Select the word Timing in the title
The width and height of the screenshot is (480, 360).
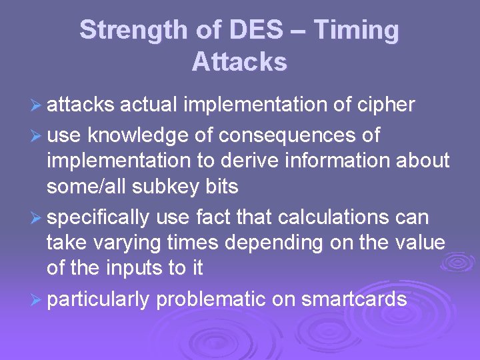coord(356,31)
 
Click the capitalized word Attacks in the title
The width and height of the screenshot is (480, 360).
coord(239,62)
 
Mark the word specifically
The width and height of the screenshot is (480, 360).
coord(99,218)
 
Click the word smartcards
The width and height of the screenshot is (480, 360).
coord(354,300)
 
